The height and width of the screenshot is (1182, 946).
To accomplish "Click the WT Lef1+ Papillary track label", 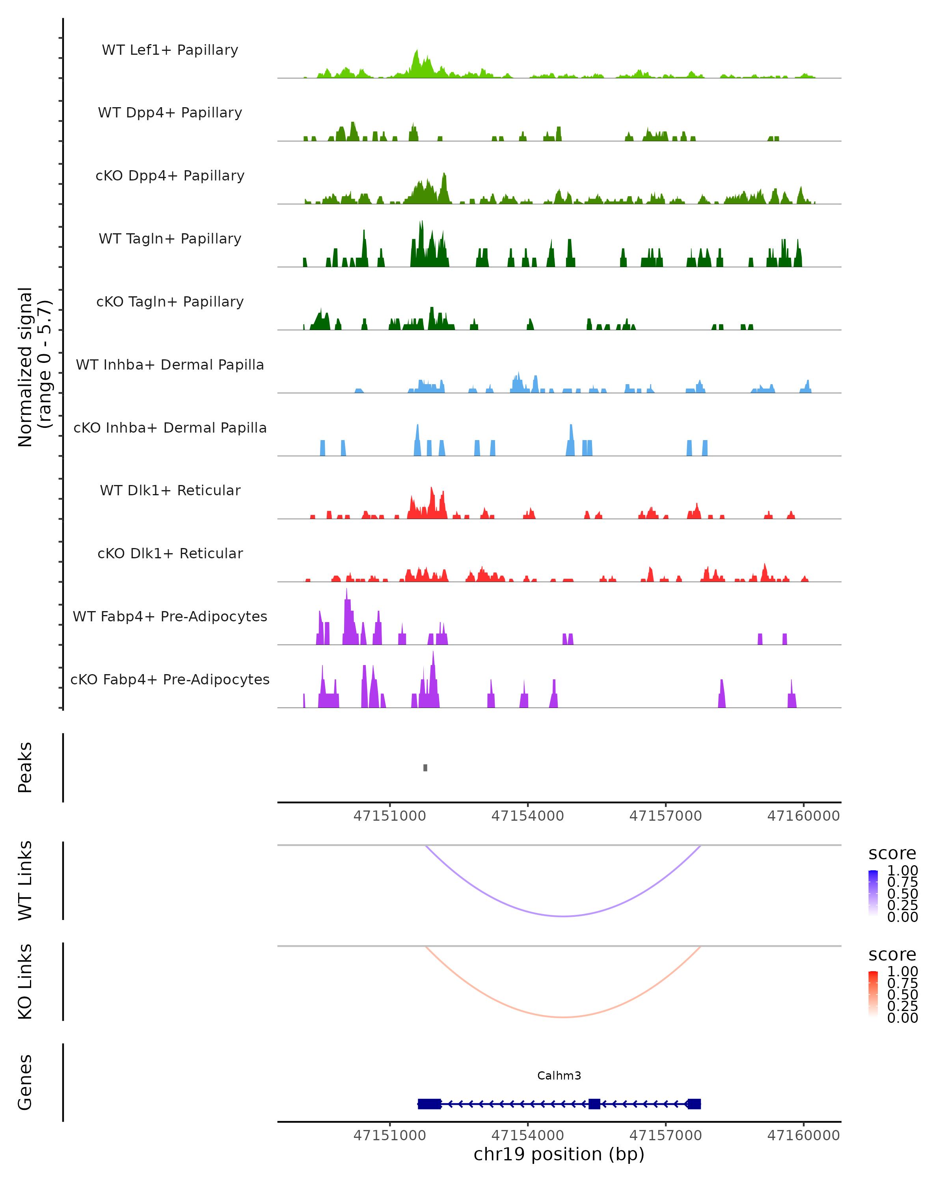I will (170, 50).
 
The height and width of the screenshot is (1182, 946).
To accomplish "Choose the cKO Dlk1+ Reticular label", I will (170, 553).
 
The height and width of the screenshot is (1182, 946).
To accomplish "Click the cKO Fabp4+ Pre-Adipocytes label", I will (170, 679).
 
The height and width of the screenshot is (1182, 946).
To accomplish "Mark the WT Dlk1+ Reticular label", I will (170, 490).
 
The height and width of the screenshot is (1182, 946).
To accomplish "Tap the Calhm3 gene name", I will (559, 1076).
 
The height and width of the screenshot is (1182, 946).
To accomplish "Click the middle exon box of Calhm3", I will (594, 1104).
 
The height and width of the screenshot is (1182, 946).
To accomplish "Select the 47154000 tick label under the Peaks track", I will (527, 816).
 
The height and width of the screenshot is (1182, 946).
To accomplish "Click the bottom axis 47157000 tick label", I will (665, 1136).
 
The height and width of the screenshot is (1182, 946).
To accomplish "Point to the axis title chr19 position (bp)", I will (559, 1154).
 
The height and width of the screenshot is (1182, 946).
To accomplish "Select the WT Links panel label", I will (25, 881).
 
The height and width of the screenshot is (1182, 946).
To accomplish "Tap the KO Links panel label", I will (25, 981).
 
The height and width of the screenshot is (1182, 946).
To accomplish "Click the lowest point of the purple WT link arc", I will (563, 916).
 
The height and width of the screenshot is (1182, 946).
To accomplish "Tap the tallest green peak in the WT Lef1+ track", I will (417, 52).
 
